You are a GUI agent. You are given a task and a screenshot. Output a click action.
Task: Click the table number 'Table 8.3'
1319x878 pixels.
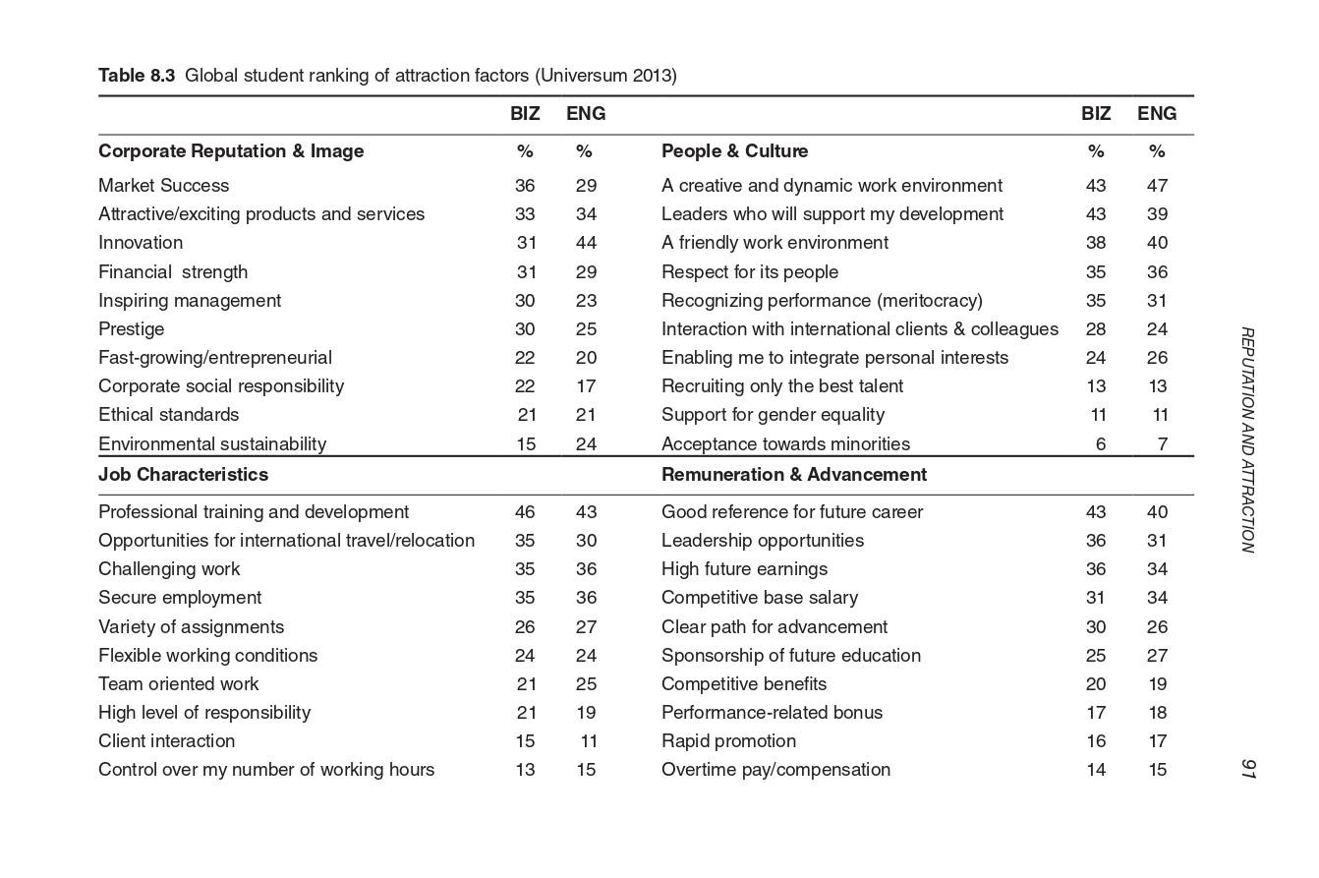136,76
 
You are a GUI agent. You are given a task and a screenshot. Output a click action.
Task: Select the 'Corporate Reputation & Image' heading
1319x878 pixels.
231,150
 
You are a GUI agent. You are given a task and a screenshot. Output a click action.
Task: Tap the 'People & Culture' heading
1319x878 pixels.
734,150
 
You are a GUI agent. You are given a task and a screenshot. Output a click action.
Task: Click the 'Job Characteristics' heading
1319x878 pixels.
183,474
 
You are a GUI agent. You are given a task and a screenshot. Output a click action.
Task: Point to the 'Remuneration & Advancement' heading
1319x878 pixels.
793,474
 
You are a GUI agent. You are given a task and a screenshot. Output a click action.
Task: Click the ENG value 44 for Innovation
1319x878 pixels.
586,242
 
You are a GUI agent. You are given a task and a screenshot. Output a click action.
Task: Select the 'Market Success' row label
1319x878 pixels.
163,185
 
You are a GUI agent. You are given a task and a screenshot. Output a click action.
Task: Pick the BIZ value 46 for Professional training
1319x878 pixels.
525,511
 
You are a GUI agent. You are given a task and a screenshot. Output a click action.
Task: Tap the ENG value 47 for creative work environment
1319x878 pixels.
1157,185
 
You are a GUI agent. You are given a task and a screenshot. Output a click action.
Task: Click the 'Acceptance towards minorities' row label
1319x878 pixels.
785,443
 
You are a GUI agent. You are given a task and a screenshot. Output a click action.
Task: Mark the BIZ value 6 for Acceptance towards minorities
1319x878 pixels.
1100,443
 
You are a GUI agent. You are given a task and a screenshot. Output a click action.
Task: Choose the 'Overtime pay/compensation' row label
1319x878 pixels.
775,769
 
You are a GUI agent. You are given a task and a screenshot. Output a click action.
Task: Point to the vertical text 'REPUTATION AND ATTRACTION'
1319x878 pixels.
1247,439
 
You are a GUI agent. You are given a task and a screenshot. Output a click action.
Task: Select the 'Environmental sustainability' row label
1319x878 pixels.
212,443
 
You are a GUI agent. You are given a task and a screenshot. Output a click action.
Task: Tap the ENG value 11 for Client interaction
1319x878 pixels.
588,740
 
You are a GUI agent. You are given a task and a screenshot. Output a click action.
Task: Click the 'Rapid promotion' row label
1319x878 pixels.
728,740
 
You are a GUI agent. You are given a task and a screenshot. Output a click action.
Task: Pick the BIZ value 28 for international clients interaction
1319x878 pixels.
1096,328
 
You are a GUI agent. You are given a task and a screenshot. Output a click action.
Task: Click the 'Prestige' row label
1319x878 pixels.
131,328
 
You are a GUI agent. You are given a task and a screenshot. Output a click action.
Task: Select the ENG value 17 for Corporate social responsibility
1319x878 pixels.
586,385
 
